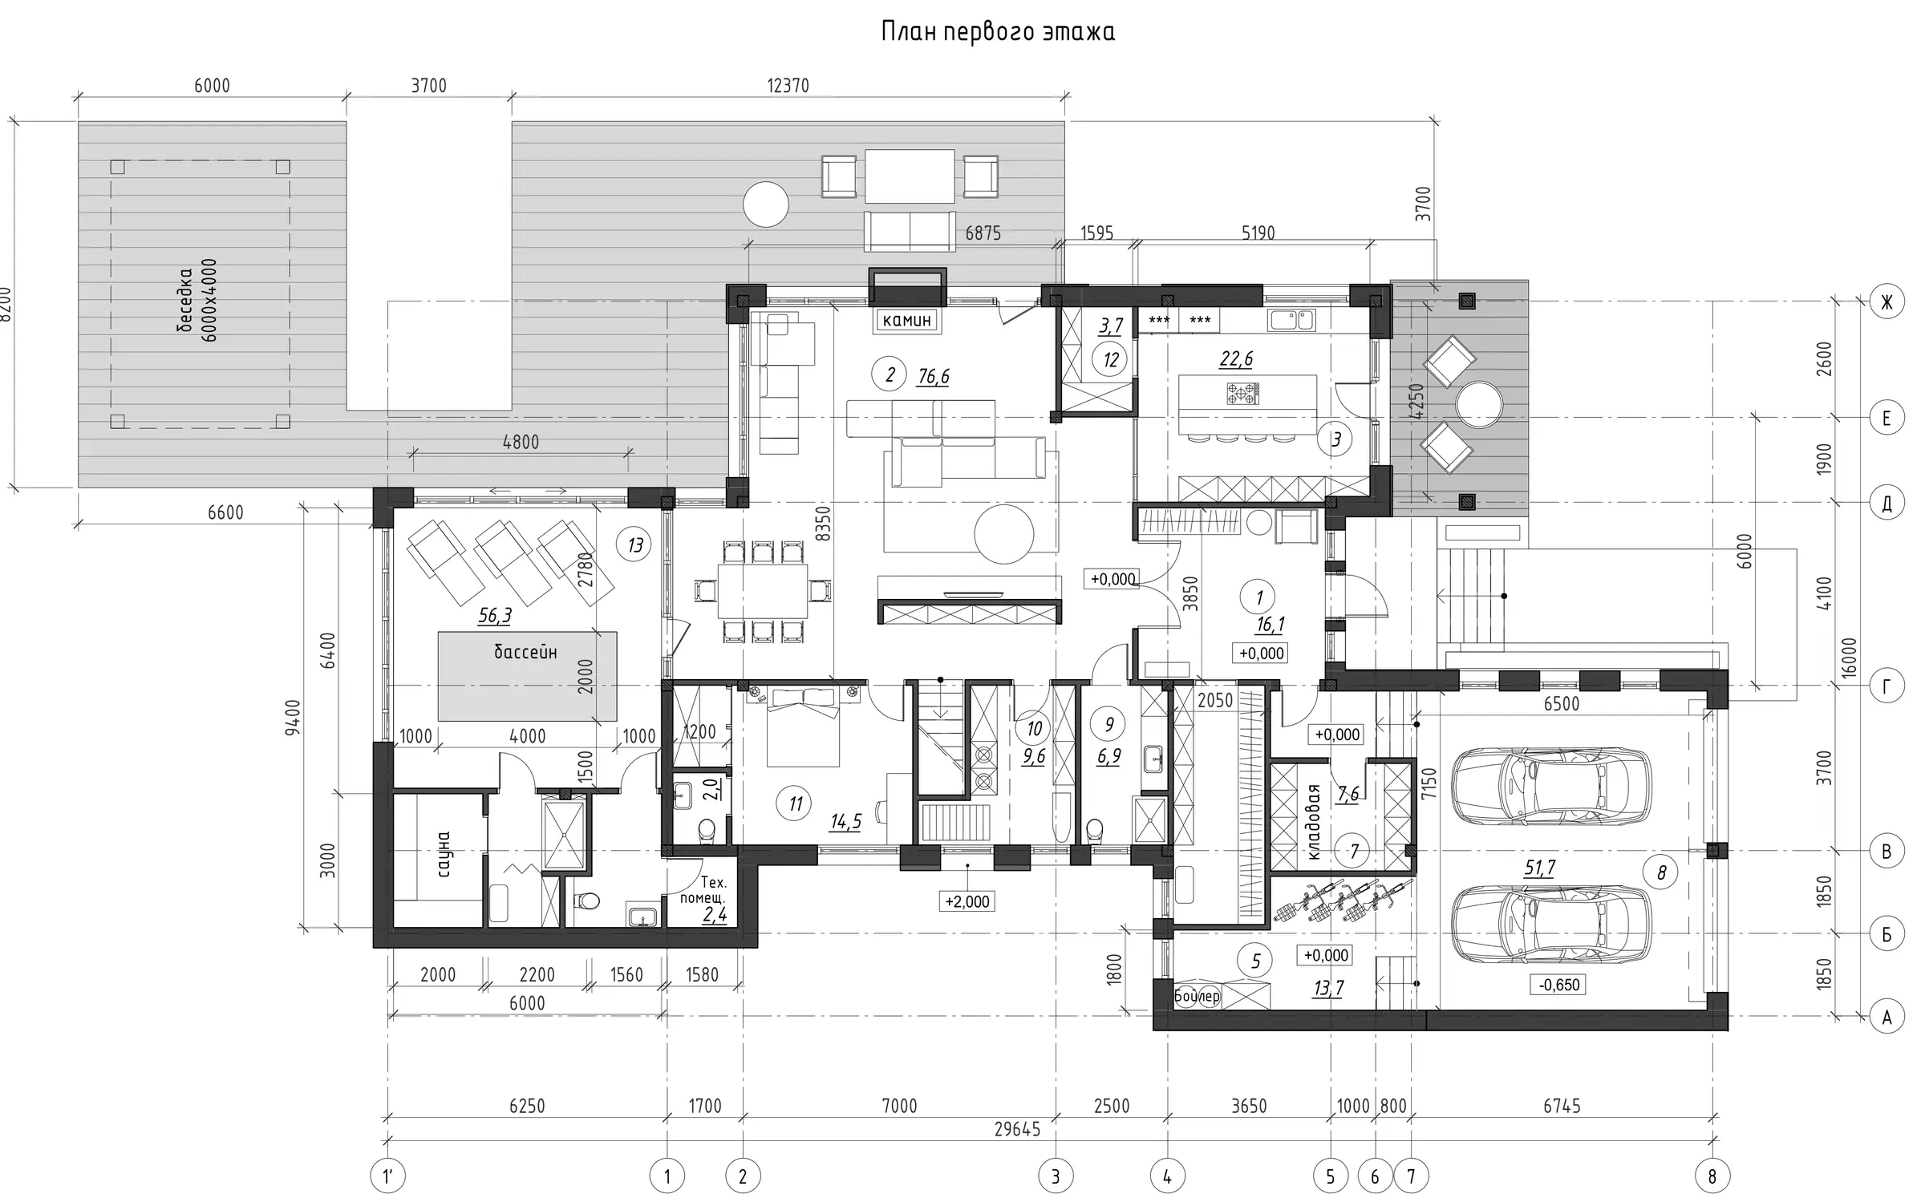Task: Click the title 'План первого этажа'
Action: point(998,32)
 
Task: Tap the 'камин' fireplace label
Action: point(907,320)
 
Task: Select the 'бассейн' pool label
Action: point(525,652)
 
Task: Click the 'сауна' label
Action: point(444,853)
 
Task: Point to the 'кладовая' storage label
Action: point(1313,822)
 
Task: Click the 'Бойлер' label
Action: point(1197,996)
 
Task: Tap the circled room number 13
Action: point(635,545)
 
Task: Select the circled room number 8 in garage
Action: point(1661,872)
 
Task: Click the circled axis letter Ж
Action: point(1886,302)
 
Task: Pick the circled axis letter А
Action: point(1886,1017)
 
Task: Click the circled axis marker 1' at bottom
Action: point(388,1176)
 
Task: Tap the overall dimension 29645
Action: point(1017,1129)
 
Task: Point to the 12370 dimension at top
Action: point(788,86)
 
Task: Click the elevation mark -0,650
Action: point(1559,984)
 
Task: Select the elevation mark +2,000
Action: point(967,901)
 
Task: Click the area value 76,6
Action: point(934,377)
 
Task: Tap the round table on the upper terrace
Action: point(766,204)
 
